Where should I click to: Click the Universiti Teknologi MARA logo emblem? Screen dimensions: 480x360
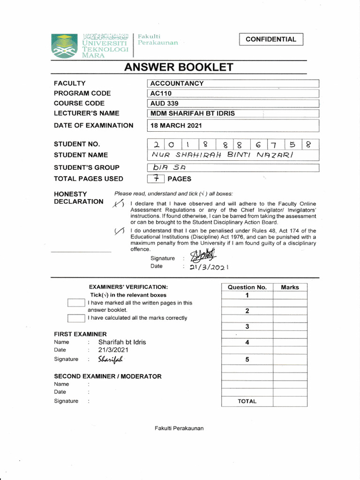(x=64, y=46)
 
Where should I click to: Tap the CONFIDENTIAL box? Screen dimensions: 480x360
(x=271, y=39)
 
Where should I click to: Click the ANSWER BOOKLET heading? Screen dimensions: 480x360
(x=178, y=67)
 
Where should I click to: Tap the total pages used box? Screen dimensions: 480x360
(x=156, y=179)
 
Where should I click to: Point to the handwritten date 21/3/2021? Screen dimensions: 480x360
(x=209, y=267)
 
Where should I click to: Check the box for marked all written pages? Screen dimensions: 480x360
(x=75, y=303)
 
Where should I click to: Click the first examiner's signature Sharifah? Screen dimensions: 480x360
(x=110, y=360)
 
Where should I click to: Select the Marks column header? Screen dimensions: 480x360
(x=290, y=287)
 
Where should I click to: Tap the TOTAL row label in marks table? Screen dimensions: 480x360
(x=247, y=401)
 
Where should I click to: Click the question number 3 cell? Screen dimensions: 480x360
(x=247, y=327)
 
